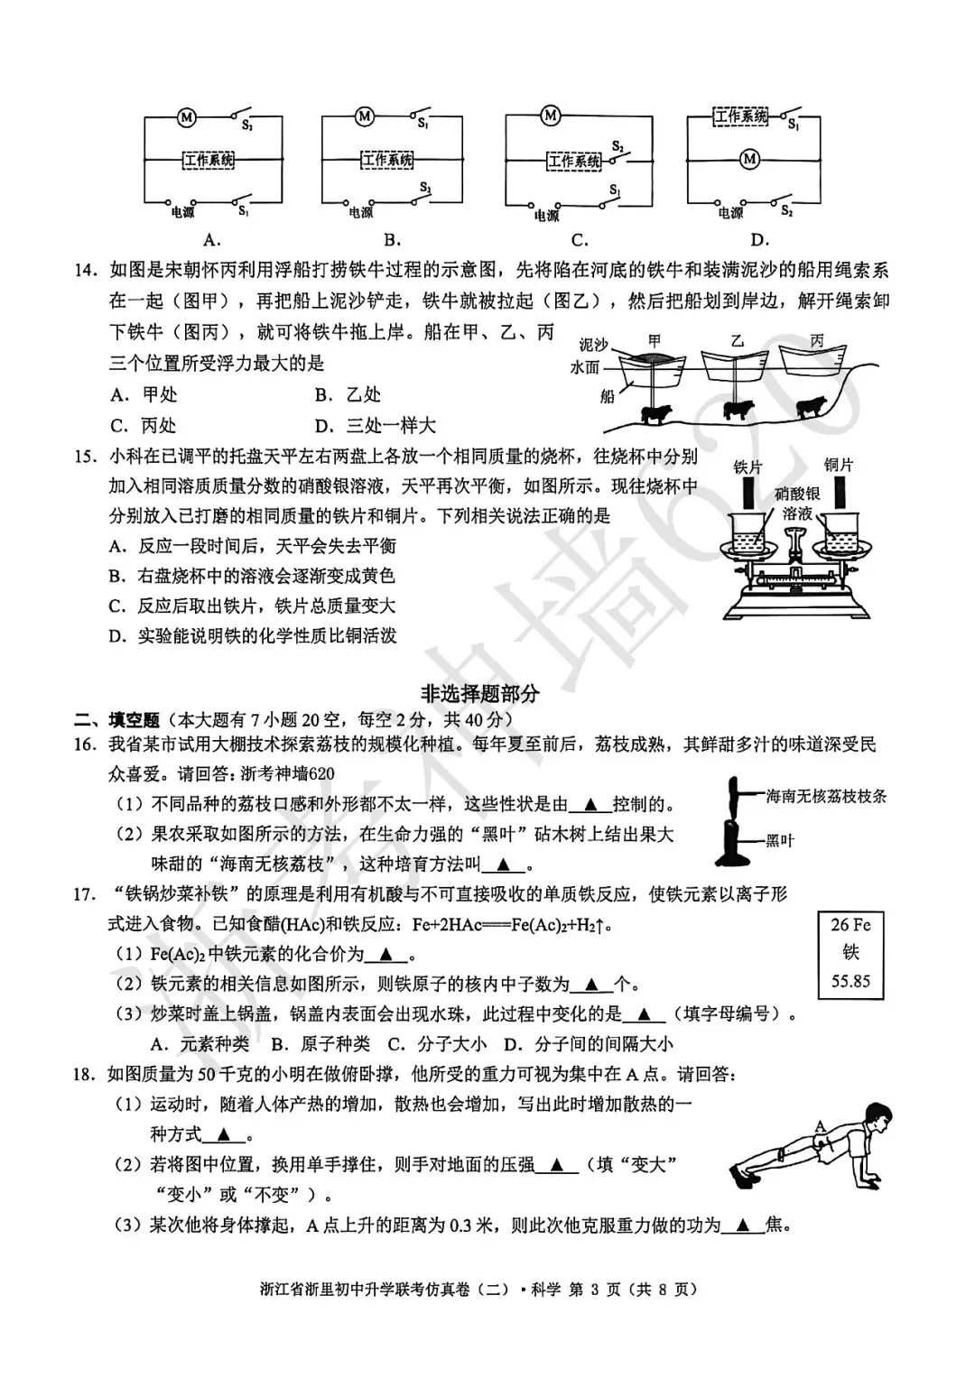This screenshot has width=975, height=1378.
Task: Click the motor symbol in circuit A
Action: pos(187,117)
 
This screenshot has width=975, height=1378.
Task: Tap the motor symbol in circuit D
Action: pos(748,160)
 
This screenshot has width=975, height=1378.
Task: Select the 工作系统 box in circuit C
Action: pos(574,162)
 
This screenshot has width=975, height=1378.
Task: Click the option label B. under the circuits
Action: pos(393,240)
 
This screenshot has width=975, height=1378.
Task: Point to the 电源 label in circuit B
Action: pos(360,213)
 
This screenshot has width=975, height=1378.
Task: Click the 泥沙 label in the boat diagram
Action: pos(593,345)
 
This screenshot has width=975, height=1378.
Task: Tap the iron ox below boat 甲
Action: pos(655,413)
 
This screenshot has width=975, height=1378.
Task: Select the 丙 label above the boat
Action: pos(817,341)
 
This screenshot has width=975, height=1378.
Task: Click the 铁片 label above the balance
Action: pos(748,467)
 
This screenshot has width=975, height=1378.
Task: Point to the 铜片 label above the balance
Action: pos(838,465)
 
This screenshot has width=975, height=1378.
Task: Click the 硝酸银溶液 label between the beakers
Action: pos(796,503)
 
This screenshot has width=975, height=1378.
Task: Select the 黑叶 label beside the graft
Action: pos(780,840)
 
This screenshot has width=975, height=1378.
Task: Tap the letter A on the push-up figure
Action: pos(820,1125)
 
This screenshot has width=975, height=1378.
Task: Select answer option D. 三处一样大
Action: pos(376,425)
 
